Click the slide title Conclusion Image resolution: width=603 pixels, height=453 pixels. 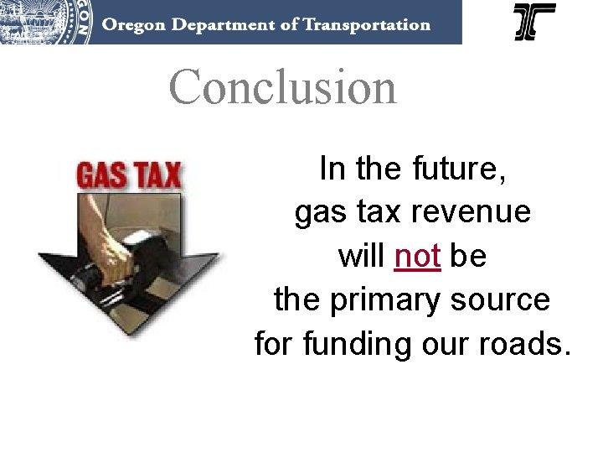click(x=282, y=87)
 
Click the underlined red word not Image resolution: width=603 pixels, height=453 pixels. click(x=417, y=256)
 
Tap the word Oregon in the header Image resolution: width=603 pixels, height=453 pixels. click(x=131, y=23)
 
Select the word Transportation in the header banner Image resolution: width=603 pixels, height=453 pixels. click(x=366, y=23)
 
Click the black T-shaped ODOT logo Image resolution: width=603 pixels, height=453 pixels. click(x=534, y=22)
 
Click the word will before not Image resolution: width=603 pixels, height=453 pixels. click(x=362, y=256)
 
